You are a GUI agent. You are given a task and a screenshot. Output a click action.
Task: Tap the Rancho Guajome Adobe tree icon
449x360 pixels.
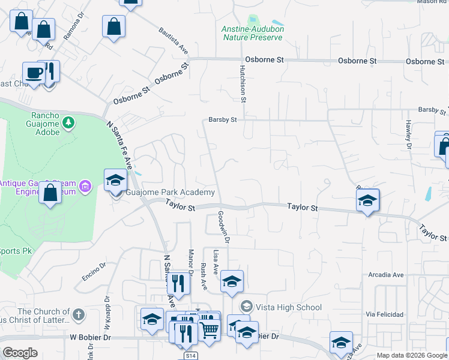pos(69,123)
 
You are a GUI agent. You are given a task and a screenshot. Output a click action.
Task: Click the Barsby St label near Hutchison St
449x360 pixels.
pos(223,119)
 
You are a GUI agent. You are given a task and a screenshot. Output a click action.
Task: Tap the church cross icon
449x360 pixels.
pos(79,314)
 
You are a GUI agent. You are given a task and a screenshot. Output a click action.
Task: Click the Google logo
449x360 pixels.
pos(20,353)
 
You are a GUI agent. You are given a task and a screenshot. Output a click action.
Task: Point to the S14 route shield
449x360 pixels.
pos(190,356)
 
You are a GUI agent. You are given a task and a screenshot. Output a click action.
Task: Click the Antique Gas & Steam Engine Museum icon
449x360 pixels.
pos(85,186)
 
